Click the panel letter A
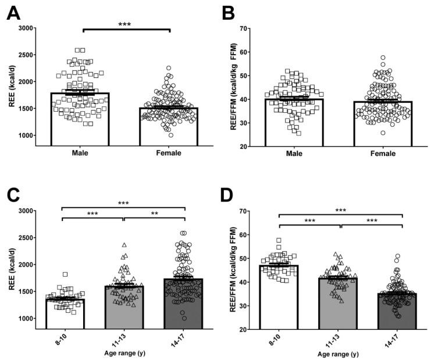(14, 12)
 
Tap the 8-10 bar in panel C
(66, 314)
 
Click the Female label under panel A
(168, 154)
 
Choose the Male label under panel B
(300, 154)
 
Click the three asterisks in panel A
(124, 24)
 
